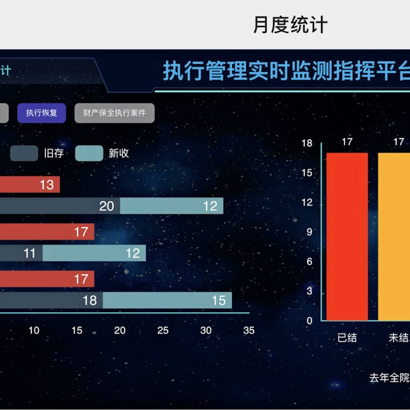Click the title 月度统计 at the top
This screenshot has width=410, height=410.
tap(290, 25)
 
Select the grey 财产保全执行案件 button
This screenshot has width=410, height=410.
tap(114, 113)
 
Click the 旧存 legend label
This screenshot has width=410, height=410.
tap(54, 153)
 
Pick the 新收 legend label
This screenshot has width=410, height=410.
tap(118, 153)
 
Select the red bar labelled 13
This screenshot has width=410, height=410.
tap(29, 185)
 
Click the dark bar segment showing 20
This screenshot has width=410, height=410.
tap(59, 206)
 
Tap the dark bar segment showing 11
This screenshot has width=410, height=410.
tap(21, 253)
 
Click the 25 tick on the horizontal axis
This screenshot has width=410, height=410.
tap(163, 330)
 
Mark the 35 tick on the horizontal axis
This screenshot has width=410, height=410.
tap(249, 330)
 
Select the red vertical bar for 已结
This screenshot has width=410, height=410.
tap(348, 236)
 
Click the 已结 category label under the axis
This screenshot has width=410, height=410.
tap(347, 338)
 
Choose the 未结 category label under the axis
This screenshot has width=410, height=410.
tap(398, 338)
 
